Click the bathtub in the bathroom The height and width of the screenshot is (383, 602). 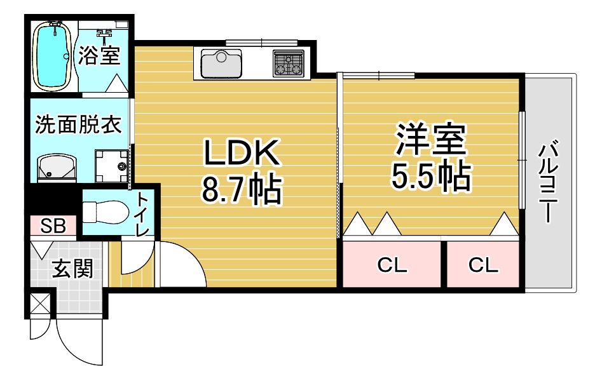pyautogui.click(x=52, y=56)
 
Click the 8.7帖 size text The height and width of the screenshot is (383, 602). pyautogui.click(x=241, y=189)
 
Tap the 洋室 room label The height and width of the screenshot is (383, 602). pyautogui.click(x=431, y=140)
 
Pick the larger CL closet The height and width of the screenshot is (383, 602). pyautogui.click(x=392, y=265)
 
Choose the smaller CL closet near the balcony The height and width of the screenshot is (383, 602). pyautogui.click(x=483, y=265)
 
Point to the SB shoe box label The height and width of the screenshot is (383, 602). pyautogui.click(x=53, y=225)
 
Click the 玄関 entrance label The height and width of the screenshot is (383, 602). pyautogui.click(x=72, y=269)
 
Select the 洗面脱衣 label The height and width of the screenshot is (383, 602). pyautogui.click(x=78, y=124)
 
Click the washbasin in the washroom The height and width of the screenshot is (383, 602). pyautogui.click(x=56, y=167)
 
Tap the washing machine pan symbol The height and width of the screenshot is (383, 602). pyautogui.click(x=112, y=166)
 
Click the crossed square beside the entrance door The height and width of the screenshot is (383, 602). pyautogui.click(x=39, y=304)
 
